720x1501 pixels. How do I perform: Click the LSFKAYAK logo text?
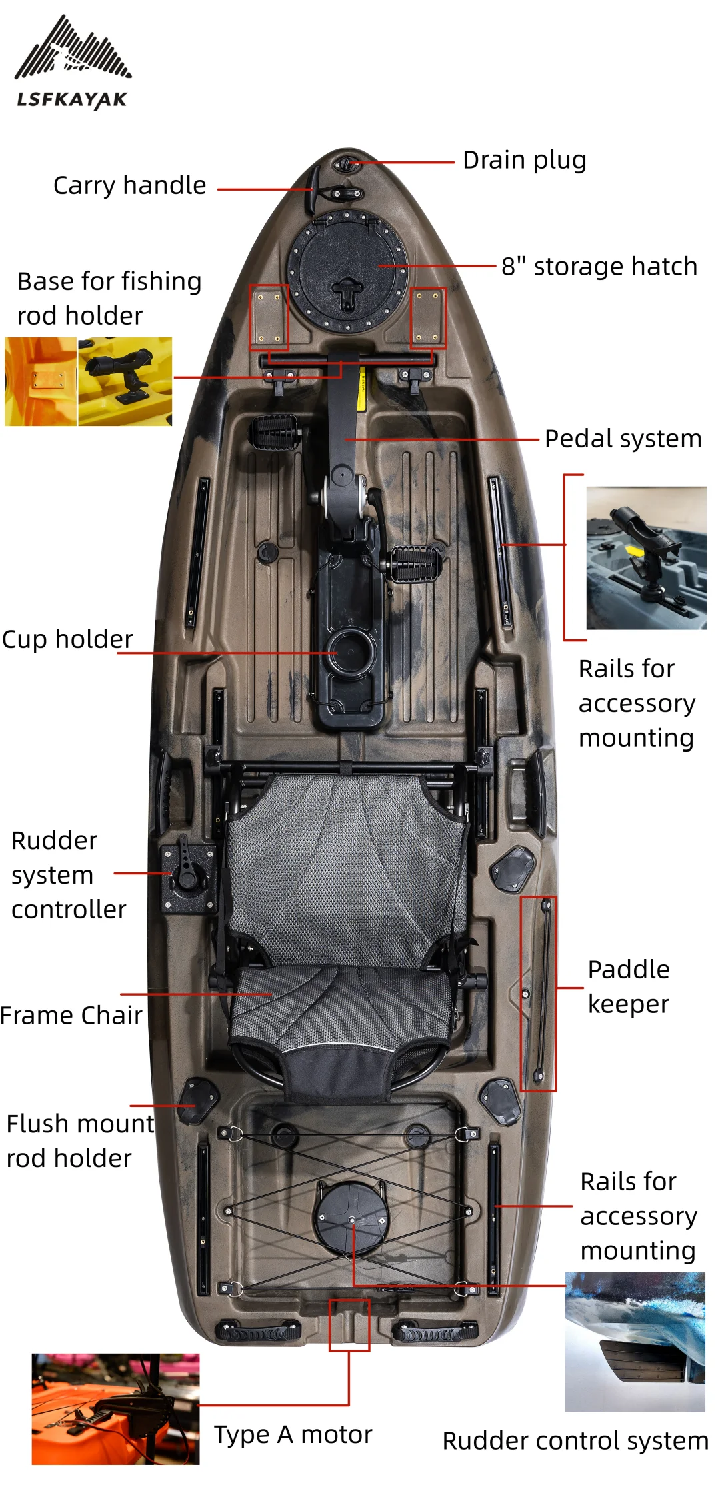click(x=72, y=100)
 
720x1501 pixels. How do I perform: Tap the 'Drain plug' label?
click(x=524, y=160)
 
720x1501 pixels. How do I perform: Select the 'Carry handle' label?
click(x=129, y=185)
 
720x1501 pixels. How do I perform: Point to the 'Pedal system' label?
click(x=623, y=439)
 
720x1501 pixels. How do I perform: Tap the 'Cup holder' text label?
click(x=67, y=639)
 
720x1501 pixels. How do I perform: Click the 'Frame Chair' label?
click(x=71, y=1016)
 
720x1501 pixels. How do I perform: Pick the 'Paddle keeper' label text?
click(x=628, y=986)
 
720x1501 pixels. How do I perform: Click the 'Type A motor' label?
click(x=293, y=1434)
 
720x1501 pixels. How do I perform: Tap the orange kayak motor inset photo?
click(x=115, y=1409)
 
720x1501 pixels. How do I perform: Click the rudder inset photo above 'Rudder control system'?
click(x=635, y=1342)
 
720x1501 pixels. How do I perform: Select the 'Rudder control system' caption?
click(x=575, y=1441)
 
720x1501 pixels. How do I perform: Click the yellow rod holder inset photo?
click(x=125, y=381)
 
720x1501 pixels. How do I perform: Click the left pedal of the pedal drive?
click(x=275, y=432)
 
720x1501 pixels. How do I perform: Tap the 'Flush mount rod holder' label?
click(x=80, y=1141)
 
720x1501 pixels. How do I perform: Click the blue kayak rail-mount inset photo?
click(x=645, y=557)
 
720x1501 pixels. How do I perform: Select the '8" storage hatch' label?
click(x=599, y=267)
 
